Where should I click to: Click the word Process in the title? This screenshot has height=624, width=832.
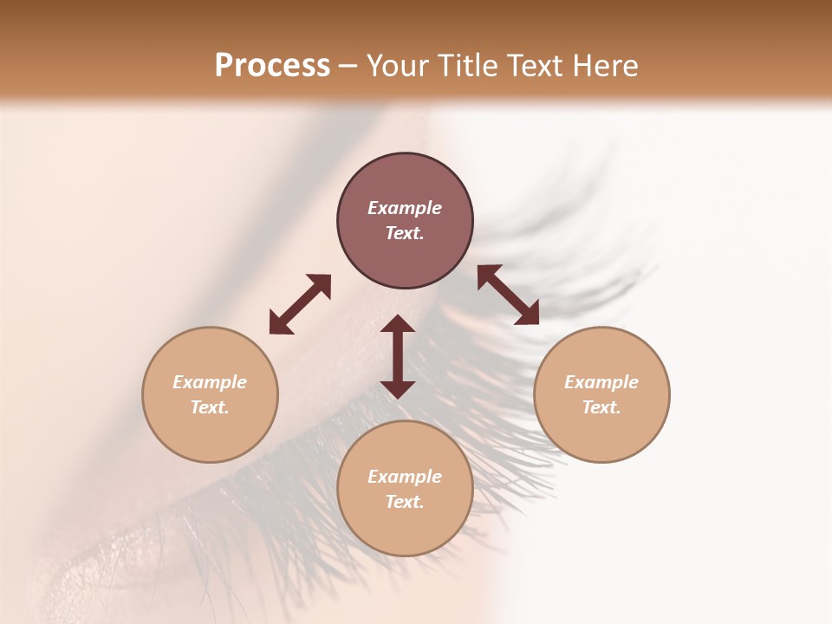tap(272, 66)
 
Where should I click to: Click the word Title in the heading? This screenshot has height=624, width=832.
tap(467, 66)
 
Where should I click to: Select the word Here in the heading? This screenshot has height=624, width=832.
tap(605, 66)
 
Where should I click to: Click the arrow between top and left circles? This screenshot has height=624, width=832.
tap(300, 304)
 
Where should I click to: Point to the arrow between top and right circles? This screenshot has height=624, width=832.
tap(508, 295)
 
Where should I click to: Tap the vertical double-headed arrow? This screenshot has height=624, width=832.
tap(398, 356)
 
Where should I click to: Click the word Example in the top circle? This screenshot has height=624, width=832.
tap(405, 208)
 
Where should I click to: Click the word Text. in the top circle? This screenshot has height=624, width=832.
tap(405, 233)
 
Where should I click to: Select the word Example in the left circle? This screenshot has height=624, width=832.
tap(210, 382)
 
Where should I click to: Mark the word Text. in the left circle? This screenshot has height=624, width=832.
tap(210, 407)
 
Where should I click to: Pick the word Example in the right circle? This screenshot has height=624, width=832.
tap(601, 382)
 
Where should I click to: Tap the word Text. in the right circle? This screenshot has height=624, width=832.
tap(601, 407)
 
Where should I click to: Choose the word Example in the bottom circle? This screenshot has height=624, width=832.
tap(405, 477)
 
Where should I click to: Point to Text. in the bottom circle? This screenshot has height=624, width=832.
tap(405, 502)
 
